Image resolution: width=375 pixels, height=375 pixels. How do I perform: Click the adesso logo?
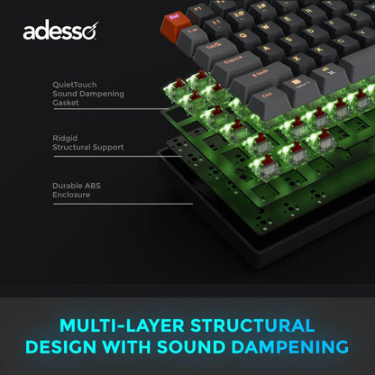coord(60,32)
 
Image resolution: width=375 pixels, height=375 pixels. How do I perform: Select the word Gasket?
coord(67,102)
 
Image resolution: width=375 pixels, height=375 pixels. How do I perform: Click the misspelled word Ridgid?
coord(64,137)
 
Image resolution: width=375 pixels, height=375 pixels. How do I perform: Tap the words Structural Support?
coord(88,146)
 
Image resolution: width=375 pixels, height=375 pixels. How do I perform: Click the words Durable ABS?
coord(77,185)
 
